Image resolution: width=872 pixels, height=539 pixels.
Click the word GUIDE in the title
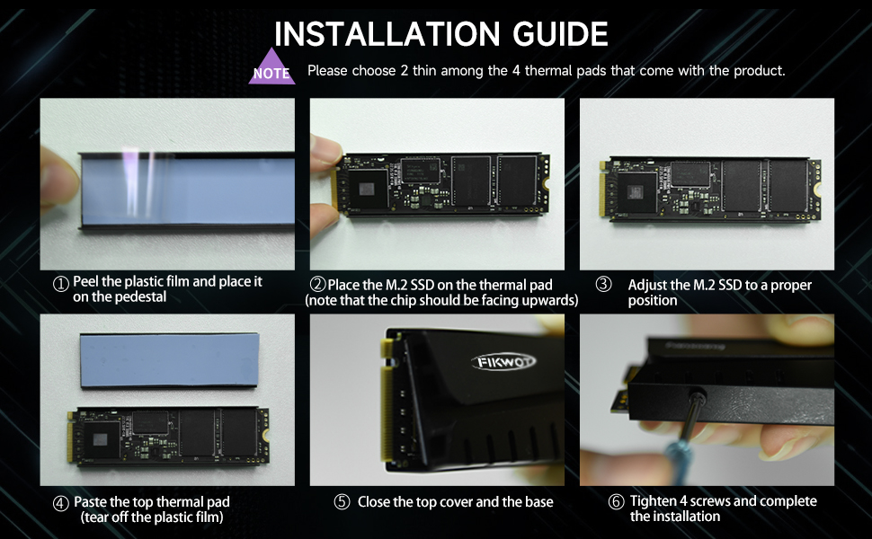[x=560, y=34]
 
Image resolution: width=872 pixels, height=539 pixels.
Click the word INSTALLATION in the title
[x=387, y=34]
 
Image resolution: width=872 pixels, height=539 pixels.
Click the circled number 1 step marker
[x=60, y=284]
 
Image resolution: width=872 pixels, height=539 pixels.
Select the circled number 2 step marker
[x=317, y=284]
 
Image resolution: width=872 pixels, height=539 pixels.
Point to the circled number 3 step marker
[x=603, y=284]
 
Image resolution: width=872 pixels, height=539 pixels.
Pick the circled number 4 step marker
[x=60, y=503]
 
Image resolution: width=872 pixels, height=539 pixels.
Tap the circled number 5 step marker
[x=342, y=502]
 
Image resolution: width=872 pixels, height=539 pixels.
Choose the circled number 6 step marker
[x=616, y=502]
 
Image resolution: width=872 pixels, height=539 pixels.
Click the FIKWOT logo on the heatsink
[x=503, y=362]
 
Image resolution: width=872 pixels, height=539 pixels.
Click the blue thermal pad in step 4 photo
[x=170, y=359]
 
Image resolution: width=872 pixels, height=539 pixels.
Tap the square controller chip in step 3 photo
[x=636, y=192]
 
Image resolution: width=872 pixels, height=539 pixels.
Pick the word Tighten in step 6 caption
[x=653, y=501]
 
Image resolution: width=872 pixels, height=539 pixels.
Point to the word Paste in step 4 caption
[x=91, y=502]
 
